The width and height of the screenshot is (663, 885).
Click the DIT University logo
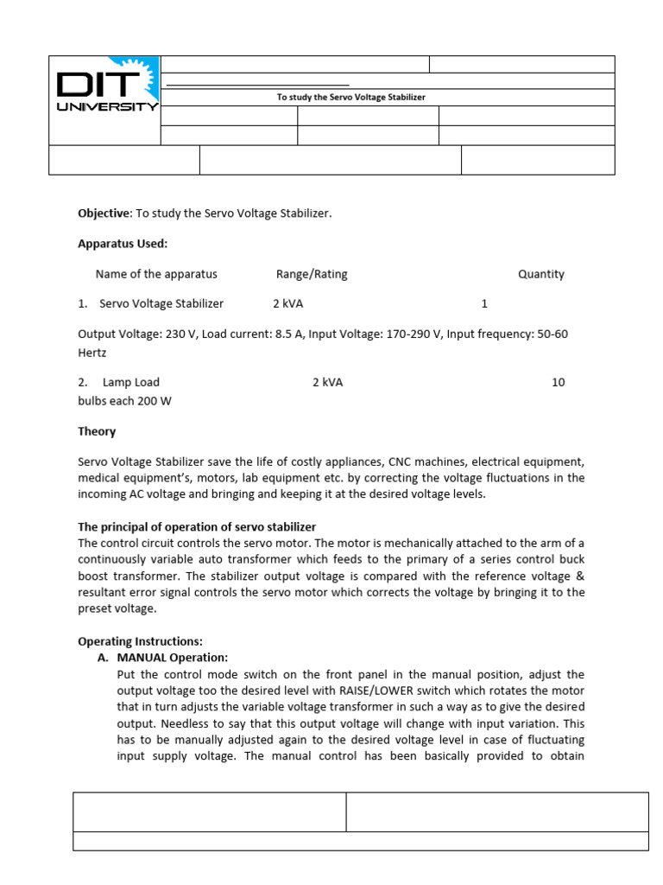click(105, 92)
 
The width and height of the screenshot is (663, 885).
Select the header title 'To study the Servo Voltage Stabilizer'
click(350, 98)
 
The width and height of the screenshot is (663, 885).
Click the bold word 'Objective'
click(104, 213)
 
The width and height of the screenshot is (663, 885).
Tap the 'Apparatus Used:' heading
click(123, 244)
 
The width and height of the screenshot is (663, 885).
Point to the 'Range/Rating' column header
click(312, 274)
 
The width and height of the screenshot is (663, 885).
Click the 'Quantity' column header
click(540, 274)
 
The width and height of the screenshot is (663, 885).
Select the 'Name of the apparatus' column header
click(156, 274)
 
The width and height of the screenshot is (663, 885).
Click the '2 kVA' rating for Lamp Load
click(327, 382)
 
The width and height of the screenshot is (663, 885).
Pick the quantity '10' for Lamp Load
click(558, 382)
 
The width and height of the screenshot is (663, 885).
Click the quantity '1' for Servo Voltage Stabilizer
click(484, 303)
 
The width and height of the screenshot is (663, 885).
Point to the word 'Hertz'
click(92, 353)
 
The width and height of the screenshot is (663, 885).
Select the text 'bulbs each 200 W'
click(124, 401)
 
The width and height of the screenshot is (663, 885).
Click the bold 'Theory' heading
click(97, 431)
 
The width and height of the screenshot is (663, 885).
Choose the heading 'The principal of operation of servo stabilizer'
click(197, 526)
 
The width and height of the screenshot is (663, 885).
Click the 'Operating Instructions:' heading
click(140, 641)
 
